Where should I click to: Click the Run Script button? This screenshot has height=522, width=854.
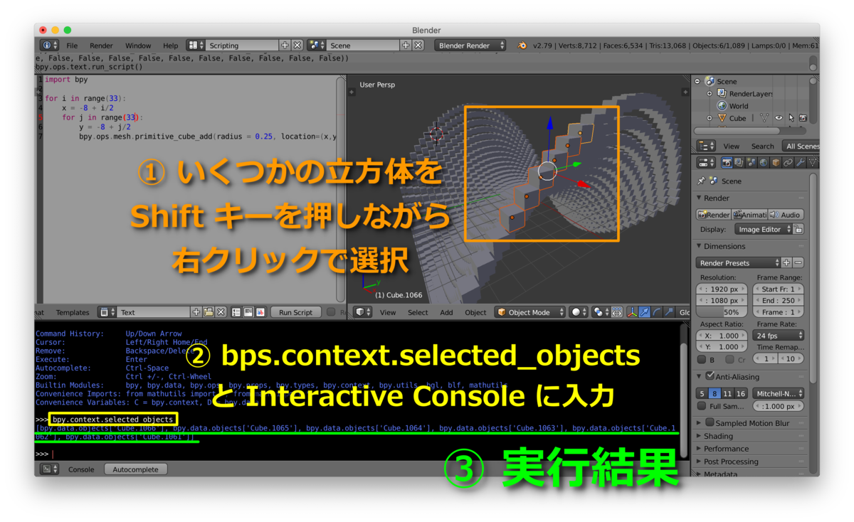[x=295, y=312]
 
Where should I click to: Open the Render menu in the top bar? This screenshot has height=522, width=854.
[x=101, y=46]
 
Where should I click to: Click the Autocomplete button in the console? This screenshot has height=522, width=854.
[x=135, y=469]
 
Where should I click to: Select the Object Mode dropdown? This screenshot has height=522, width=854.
[x=531, y=312]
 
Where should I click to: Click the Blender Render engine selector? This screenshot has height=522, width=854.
[x=470, y=46]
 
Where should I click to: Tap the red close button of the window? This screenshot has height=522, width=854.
[x=43, y=31]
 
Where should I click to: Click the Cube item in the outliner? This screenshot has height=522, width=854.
[x=737, y=118]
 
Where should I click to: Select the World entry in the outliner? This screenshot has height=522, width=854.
[x=738, y=106]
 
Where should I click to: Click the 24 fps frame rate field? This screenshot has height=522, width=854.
[x=779, y=336]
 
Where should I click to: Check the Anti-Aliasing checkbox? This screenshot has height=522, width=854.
[x=710, y=376]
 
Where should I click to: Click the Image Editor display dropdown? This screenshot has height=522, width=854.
[x=764, y=229]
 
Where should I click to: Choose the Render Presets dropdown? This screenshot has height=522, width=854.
[x=739, y=262]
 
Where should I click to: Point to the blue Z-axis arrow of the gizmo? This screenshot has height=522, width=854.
[x=549, y=124]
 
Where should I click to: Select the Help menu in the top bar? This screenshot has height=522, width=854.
[x=171, y=46]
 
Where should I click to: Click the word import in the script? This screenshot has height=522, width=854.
[x=58, y=80]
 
